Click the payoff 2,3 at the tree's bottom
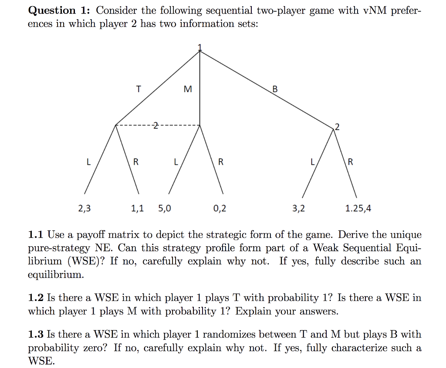[84, 208]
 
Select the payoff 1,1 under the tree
[137, 208]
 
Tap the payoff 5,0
[165, 208]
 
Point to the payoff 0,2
[220, 208]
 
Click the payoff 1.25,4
[358, 208]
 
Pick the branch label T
[139, 89]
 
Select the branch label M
[187, 89]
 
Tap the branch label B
[274, 89]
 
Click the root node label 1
[200, 47]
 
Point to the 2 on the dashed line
[154, 126]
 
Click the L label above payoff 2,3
[89, 162]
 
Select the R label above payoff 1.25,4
[351, 162]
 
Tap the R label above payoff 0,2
[220, 162]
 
